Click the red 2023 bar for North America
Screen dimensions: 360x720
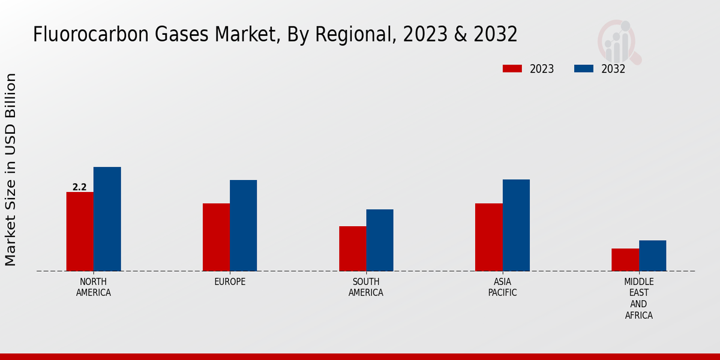tap(80, 232)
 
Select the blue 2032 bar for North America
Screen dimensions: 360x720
tap(107, 219)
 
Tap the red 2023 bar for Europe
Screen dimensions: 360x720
tap(216, 237)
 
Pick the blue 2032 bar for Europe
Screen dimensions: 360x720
tap(243, 226)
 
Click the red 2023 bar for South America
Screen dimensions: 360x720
tap(352, 248)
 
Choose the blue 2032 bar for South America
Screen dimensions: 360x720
tap(380, 240)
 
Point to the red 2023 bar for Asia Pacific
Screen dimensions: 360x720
tap(488, 237)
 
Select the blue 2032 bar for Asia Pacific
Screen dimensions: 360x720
tap(516, 225)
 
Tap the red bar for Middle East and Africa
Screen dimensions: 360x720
tap(625, 260)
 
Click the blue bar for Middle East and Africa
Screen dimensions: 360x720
tap(652, 256)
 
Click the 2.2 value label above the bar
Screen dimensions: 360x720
tap(80, 187)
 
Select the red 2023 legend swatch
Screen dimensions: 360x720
tap(512, 69)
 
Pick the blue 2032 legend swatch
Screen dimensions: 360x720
tap(584, 69)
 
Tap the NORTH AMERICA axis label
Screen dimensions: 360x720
tap(94, 287)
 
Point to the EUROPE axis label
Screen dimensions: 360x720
tap(230, 282)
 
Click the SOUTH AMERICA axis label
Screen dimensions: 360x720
tap(366, 287)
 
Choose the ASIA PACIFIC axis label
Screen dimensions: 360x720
tap(502, 287)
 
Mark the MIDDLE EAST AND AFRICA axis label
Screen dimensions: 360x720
tap(638, 298)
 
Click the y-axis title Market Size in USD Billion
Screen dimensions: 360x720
tap(11, 169)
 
